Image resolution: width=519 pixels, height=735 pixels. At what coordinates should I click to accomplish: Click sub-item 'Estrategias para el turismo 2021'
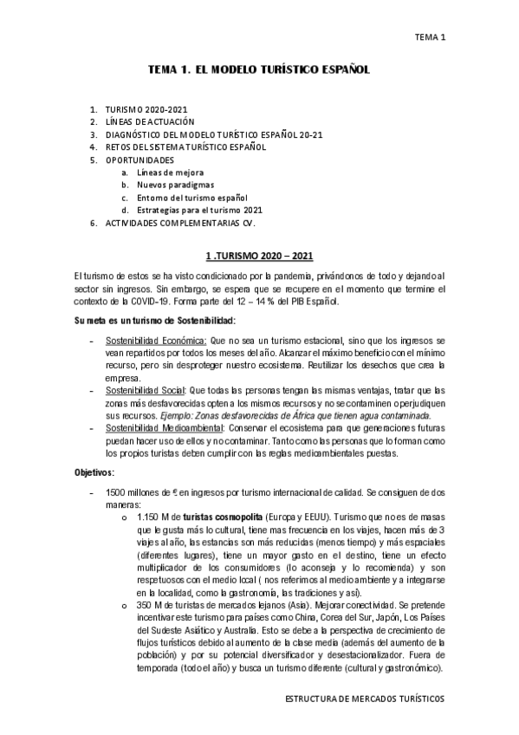coord(200,210)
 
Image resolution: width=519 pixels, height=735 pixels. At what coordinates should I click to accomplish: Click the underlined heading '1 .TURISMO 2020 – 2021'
coord(259,257)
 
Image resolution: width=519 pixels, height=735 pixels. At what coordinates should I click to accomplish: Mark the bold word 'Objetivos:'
coord(101,472)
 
